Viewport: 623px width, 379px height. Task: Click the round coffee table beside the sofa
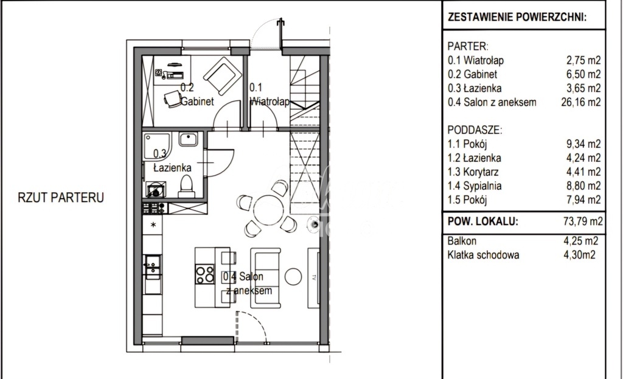click(294, 276)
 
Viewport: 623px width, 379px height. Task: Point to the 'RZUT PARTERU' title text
click(61, 198)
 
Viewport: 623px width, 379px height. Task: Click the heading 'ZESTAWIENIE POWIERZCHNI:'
click(517, 18)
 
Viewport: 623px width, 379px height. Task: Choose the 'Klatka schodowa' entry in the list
click(484, 256)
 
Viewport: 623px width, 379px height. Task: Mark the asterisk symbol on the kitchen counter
click(153, 226)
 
